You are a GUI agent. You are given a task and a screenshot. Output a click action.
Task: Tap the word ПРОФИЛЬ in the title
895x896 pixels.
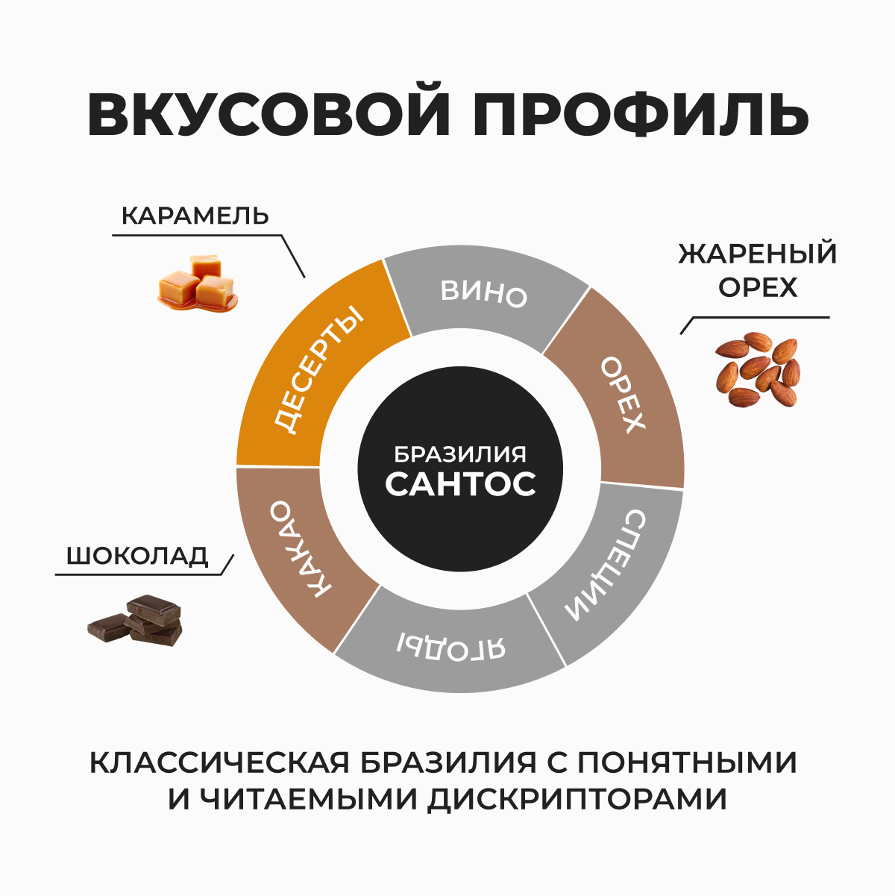click(641, 116)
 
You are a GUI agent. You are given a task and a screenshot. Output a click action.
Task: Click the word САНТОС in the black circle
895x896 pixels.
click(460, 483)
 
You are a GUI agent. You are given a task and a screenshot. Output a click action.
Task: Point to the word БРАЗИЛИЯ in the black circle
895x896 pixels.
click(460, 454)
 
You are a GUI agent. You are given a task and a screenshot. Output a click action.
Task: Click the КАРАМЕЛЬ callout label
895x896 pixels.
click(195, 216)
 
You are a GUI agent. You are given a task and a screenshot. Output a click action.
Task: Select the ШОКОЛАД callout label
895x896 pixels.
click(137, 557)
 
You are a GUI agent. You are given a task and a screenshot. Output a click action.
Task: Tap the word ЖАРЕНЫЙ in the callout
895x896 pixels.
click(758, 254)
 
